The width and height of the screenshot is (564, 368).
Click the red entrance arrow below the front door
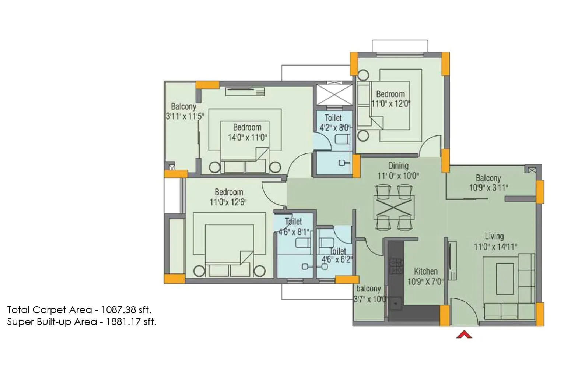point(464,335)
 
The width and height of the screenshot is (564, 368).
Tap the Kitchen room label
point(426,272)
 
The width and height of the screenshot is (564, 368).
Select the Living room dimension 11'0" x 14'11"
point(495,247)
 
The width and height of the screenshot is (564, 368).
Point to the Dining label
point(398,166)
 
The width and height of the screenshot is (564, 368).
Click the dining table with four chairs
point(394,207)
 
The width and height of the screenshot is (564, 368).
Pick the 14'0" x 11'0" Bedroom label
point(247,127)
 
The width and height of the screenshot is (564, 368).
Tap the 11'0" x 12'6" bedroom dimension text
point(228,202)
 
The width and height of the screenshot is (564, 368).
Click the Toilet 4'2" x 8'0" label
point(333,118)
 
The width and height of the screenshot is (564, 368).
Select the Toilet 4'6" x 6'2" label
point(337,251)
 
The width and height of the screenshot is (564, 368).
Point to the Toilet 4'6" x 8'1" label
point(294,222)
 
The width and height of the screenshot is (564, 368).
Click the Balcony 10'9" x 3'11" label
point(488,178)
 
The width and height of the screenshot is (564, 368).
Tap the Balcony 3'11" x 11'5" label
point(183,107)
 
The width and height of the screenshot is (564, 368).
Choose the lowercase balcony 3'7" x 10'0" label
point(368,289)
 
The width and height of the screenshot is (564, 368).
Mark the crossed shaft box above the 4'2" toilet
point(333,94)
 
